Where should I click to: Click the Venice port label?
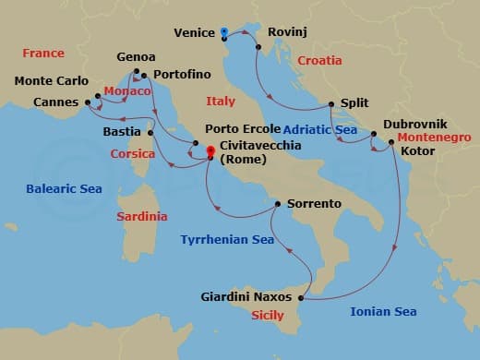[x=195, y=33]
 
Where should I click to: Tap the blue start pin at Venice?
[x=224, y=32]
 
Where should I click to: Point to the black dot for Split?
[x=331, y=104]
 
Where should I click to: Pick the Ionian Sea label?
[x=383, y=312]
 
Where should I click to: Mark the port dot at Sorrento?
[x=278, y=203]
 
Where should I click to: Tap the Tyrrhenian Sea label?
[x=227, y=239]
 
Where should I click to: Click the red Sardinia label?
[x=142, y=217]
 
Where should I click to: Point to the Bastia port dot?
[x=150, y=133]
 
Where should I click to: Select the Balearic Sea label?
[x=64, y=190]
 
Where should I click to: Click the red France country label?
[x=43, y=54]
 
